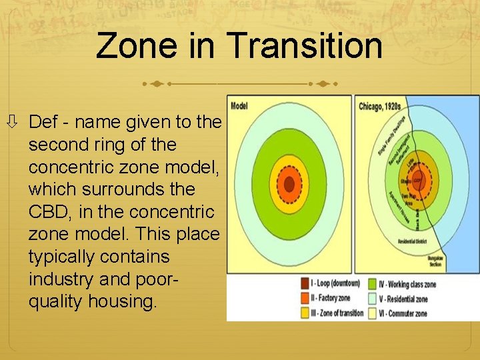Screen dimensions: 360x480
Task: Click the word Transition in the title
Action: (305, 46)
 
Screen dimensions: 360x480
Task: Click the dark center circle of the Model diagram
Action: (289, 183)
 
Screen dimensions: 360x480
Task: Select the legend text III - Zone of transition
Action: (337, 313)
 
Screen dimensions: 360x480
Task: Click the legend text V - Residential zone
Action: (401, 298)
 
